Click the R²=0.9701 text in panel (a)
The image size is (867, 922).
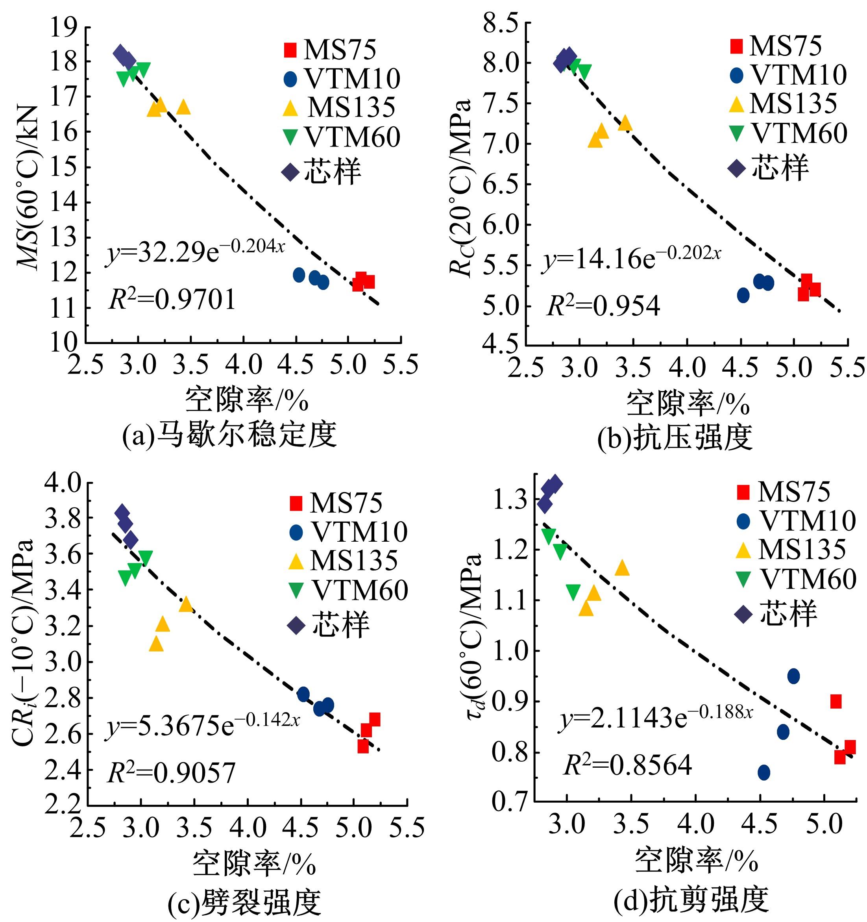click(172, 299)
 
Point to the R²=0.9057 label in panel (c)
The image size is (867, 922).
click(171, 773)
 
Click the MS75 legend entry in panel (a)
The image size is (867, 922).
click(330, 49)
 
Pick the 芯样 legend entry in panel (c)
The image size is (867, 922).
click(328, 625)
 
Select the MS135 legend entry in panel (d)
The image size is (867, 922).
click(791, 550)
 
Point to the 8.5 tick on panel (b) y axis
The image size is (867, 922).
click(500, 23)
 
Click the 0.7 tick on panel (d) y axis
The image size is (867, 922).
click(510, 801)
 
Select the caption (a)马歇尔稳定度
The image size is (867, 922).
click(229, 435)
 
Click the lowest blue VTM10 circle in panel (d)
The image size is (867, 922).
click(763, 772)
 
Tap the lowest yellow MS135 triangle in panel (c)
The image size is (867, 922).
click(156, 644)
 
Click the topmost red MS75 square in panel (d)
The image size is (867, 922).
click(836, 701)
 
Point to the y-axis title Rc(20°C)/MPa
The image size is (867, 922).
click(462, 188)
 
